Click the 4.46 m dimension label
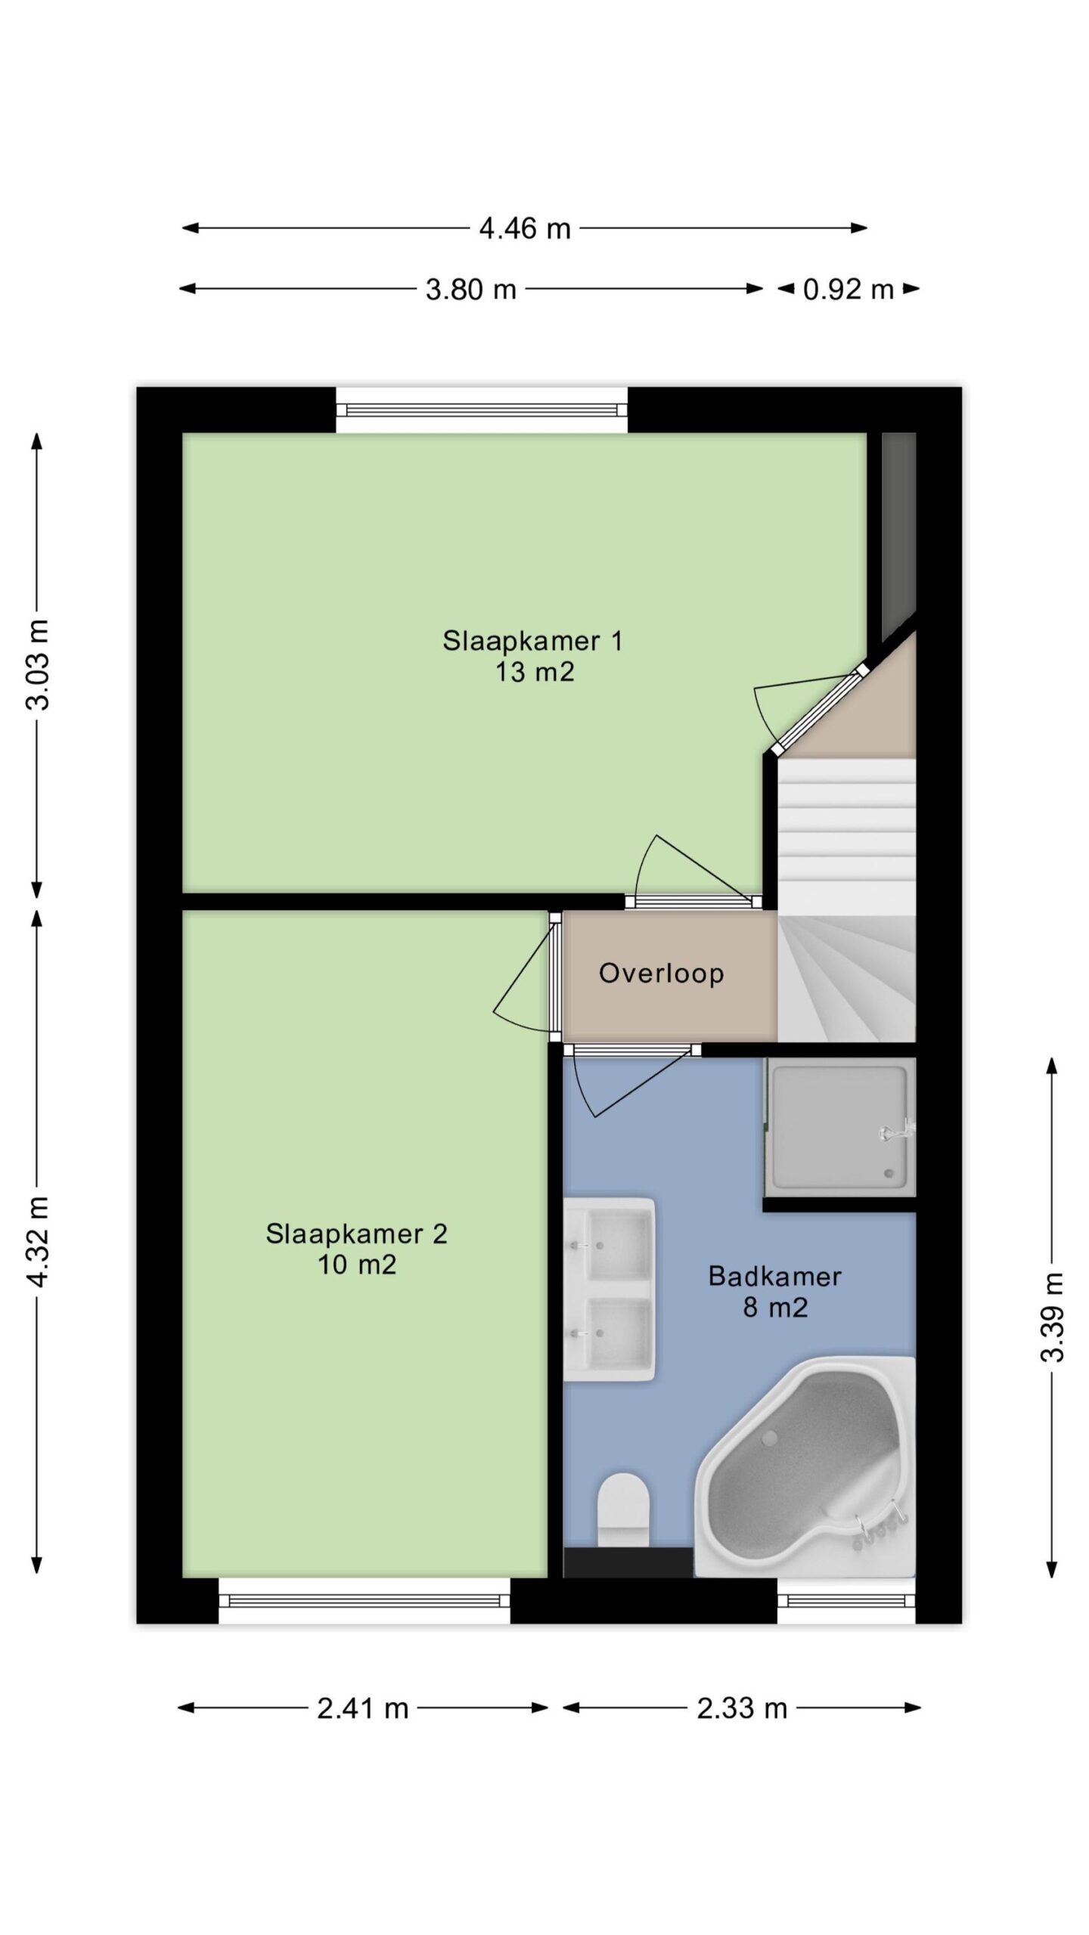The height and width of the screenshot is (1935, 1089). point(524,228)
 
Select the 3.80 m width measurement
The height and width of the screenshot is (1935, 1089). point(470,289)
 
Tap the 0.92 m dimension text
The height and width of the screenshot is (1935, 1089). point(849,289)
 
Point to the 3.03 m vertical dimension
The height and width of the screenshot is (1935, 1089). point(38,664)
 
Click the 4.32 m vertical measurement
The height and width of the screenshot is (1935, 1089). point(38,1241)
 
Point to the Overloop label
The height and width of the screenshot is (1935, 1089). point(662,973)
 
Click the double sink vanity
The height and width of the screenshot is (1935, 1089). point(610,1278)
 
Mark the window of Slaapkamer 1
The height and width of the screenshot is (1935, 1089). point(482,410)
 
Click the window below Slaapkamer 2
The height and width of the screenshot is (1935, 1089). point(365,1600)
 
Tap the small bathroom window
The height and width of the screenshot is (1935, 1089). point(846,1600)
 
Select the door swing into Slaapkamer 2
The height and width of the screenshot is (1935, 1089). point(522,975)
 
